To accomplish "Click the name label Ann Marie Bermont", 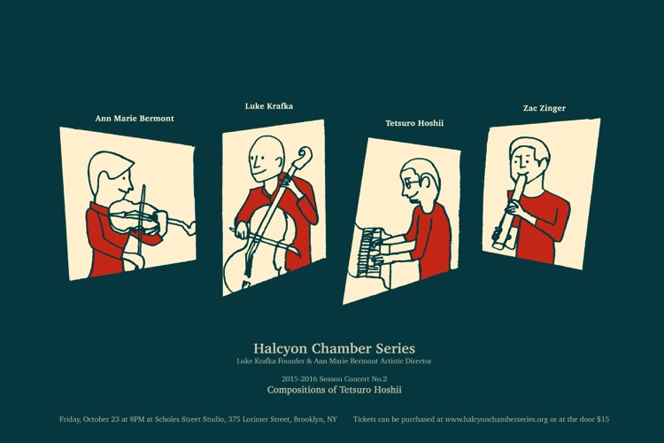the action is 135,118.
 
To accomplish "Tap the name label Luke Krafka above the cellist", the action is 269,106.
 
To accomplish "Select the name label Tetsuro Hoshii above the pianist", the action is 414,123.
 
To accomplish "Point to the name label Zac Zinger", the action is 544,108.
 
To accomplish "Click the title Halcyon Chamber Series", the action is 334,348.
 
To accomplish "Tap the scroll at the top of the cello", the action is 304,157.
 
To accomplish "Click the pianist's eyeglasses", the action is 410,183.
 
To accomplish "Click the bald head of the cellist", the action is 266,152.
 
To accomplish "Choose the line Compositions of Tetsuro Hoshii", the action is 334,390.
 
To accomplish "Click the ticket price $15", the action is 603,419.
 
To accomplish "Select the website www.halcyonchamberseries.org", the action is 497,419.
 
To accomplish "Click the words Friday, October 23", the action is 89,419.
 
